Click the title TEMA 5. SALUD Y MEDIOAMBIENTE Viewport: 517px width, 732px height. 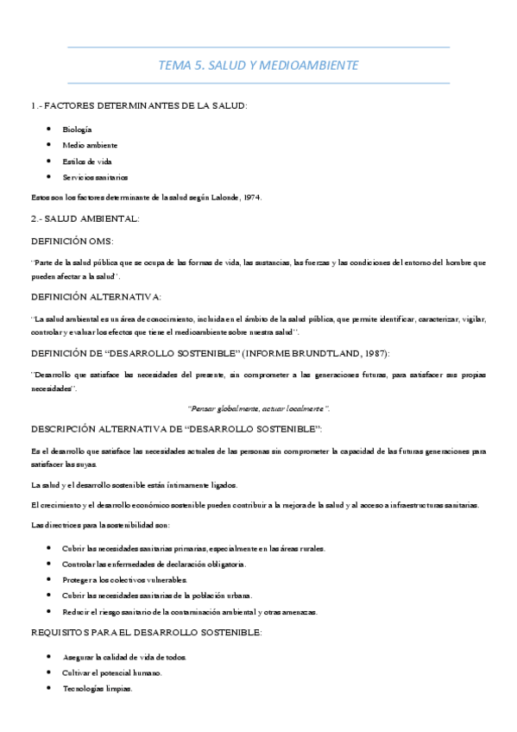[x=258, y=65]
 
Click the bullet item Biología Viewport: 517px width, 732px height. [x=77, y=129]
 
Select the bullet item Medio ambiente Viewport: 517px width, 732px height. [x=90, y=145]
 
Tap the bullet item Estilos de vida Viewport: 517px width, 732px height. [x=87, y=161]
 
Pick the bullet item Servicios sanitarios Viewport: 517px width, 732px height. [x=95, y=177]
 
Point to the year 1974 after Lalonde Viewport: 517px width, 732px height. [x=251, y=197]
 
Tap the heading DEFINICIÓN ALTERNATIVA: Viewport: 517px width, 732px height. [x=96, y=297]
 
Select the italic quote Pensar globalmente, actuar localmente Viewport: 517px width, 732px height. [x=258, y=407]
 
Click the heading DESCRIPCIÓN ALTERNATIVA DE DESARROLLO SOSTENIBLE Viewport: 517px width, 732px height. [x=176, y=429]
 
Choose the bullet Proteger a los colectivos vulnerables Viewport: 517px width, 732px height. [x=124, y=580]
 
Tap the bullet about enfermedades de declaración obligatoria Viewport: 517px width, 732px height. [x=154, y=564]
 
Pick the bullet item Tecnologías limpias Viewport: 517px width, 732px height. [x=98, y=688]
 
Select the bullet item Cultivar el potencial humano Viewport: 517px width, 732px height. [x=111, y=672]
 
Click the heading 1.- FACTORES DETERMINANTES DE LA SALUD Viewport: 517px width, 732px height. [x=139, y=105]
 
